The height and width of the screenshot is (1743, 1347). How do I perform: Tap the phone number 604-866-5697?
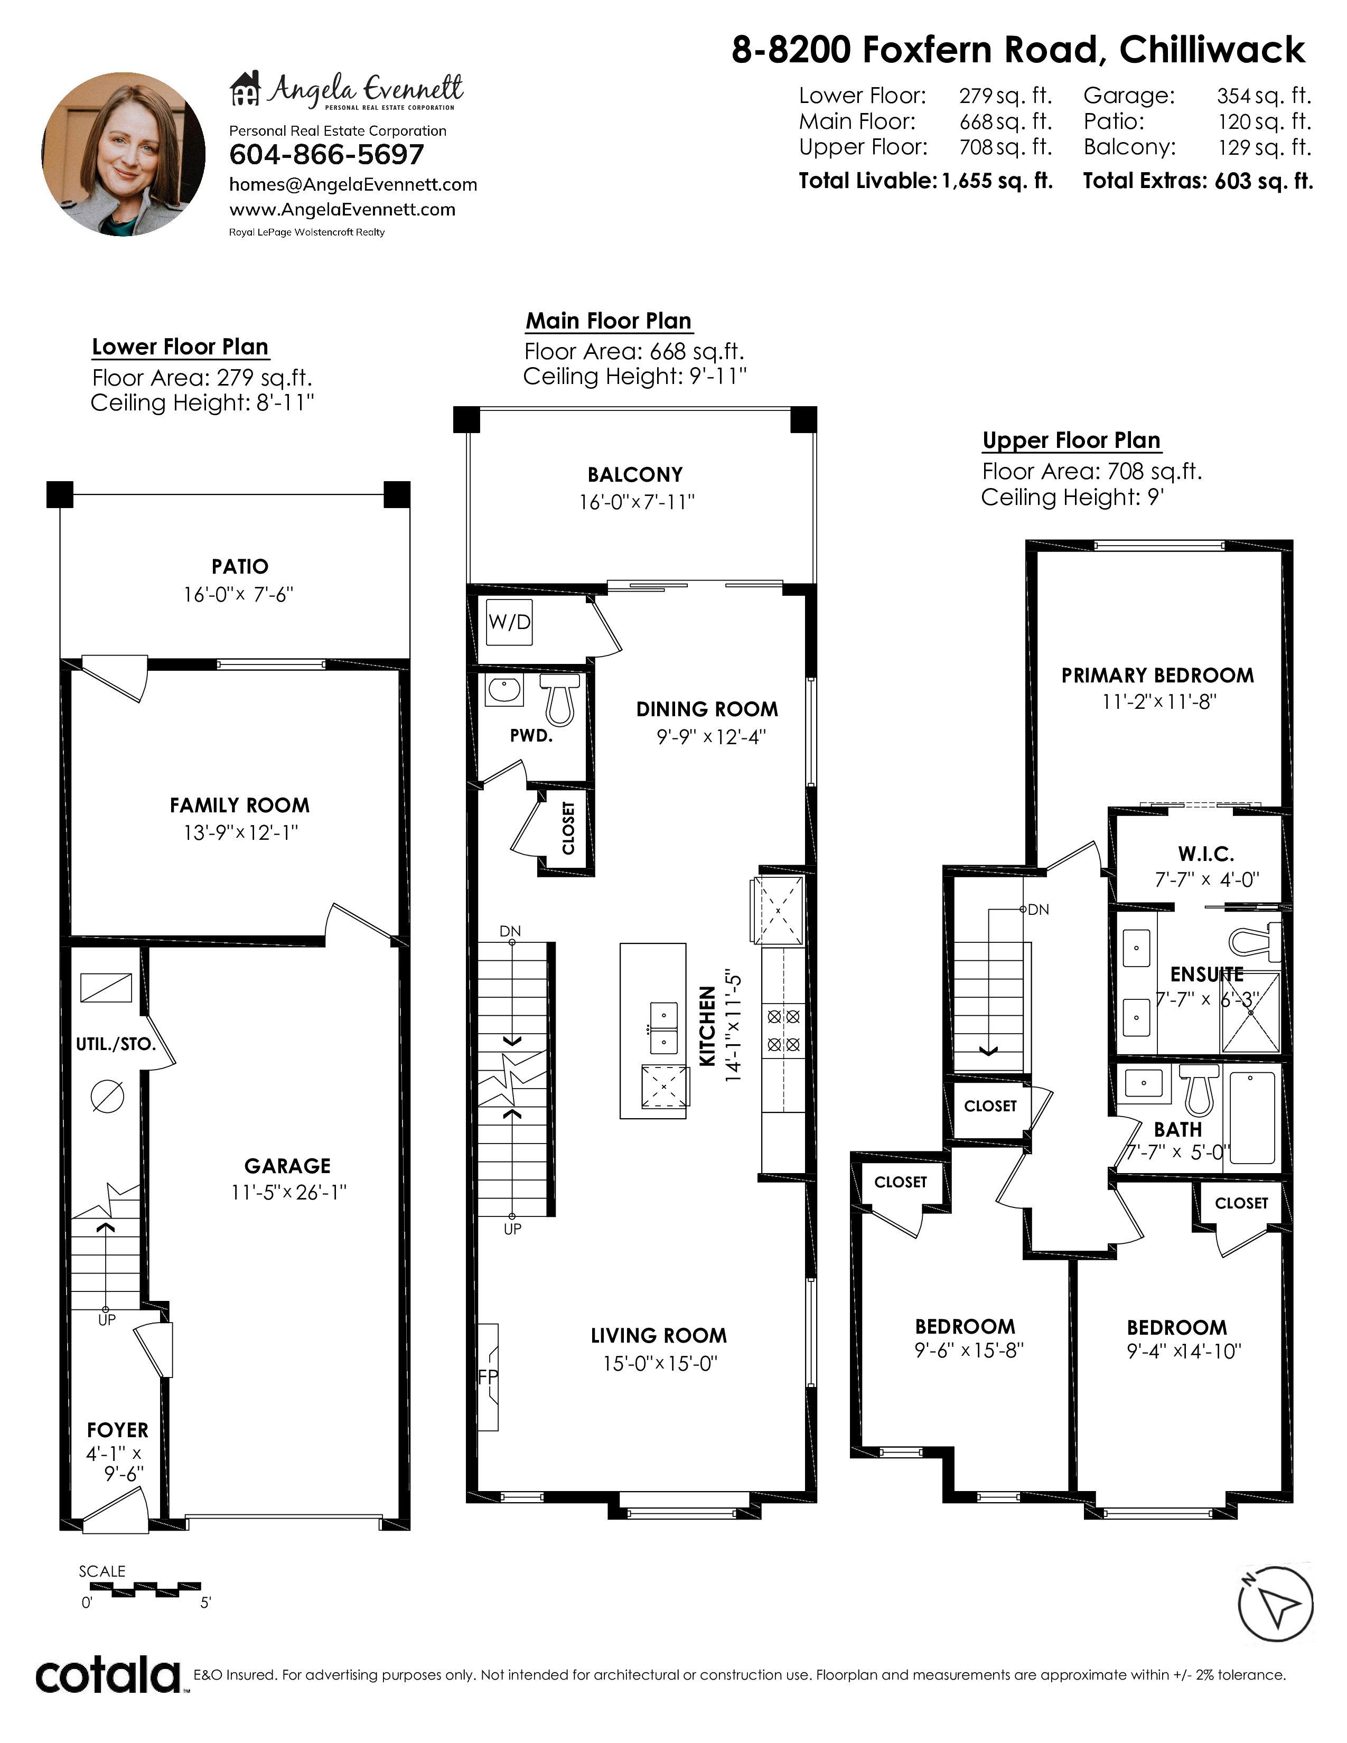point(326,155)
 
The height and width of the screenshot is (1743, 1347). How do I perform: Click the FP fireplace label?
point(488,1376)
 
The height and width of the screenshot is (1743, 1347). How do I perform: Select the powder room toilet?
point(559,699)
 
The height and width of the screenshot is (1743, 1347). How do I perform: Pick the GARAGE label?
point(287,1166)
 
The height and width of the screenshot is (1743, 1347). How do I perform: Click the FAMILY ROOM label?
point(239,805)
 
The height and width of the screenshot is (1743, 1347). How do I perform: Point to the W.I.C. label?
point(1206,854)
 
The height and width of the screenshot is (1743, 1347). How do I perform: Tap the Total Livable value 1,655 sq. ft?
point(997,181)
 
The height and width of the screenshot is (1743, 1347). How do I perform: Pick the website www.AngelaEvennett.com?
point(342,210)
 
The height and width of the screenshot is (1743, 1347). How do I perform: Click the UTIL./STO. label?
point(116,1044)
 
